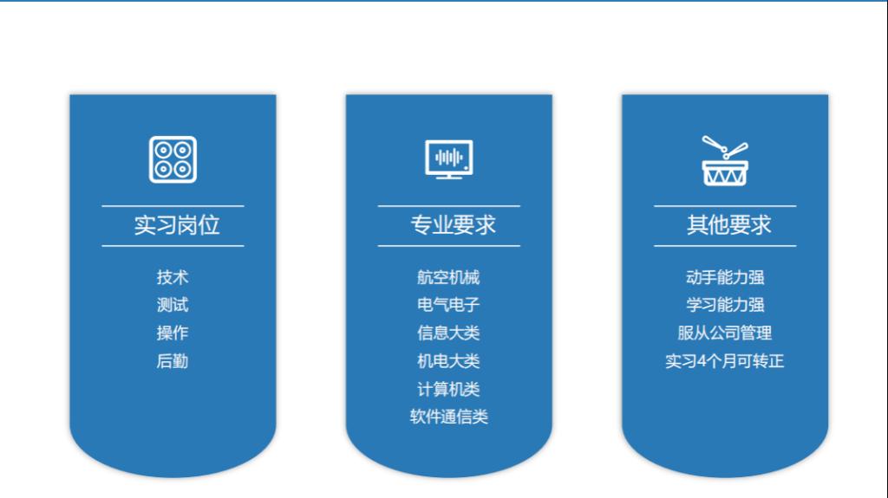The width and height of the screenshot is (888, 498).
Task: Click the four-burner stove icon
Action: point(173,159)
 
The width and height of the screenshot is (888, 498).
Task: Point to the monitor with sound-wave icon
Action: point(448,159)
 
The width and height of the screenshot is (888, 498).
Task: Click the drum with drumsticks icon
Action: point(724,160)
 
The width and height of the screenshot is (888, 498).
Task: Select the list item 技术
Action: point(173,277)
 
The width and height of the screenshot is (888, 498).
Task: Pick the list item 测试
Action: point(173,305)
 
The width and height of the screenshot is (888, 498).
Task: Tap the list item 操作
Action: point(173,333)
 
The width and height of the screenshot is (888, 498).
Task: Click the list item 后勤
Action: point(173,361)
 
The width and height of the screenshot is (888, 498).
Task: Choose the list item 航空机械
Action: point(448,277)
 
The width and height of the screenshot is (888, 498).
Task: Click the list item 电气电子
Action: point(448,305)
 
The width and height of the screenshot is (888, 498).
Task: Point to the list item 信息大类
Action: point(448,333)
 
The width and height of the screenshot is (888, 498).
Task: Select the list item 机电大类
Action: point(448,361)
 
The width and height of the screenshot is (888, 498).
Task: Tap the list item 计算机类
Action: point(448,389)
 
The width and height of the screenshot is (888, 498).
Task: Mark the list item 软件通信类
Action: point(448,417)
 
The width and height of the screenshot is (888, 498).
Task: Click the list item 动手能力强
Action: point(725,277)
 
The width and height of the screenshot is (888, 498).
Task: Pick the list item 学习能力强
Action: point(725,305)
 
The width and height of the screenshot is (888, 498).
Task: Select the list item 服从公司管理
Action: point(725,333)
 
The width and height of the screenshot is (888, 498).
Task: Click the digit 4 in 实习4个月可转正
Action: point(702,361)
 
